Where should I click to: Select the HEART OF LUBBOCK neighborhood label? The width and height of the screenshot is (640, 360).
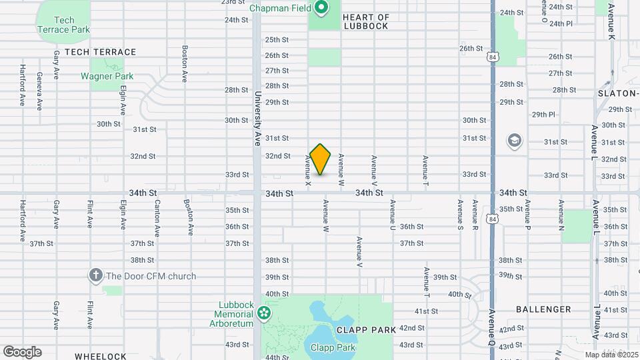click(365, 21)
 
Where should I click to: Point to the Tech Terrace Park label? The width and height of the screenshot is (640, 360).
click(64, 25)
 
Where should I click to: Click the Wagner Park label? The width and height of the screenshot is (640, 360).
click(107, 76)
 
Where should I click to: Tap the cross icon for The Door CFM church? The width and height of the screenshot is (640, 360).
click(96, 275)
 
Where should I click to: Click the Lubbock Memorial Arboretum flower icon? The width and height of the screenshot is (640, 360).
click(264, 312)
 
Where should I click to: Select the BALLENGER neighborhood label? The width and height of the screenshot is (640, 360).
click(543, 309)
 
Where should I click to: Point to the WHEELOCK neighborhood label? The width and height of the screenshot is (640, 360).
click(100, 357)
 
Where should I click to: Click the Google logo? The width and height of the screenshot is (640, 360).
click(22, 352)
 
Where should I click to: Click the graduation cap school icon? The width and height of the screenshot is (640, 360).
click(514, 141)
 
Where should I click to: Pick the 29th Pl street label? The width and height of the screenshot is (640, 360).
click(543, 115)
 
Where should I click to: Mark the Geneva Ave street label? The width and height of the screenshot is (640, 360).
click(40, 91)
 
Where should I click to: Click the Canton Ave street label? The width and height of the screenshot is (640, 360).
click(157, 218)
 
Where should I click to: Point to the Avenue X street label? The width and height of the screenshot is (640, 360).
click(308, 170)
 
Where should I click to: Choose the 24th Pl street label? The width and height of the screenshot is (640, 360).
click(560, 23)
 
